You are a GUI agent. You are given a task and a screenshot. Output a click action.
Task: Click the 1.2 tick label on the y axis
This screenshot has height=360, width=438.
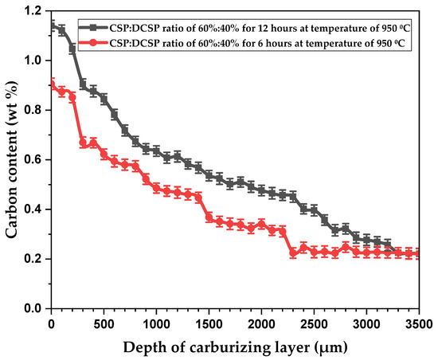(x=33, y=11)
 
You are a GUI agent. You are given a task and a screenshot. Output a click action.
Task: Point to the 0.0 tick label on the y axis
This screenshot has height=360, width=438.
(x=33, y=308)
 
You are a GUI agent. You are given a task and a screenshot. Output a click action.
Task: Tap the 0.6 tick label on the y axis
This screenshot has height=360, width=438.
(x=33, y=159)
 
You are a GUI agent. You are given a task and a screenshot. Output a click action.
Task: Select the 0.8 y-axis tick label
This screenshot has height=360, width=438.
(x=33, y=110)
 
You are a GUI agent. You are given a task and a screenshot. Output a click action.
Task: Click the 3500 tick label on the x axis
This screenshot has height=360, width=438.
(x=418, y=323)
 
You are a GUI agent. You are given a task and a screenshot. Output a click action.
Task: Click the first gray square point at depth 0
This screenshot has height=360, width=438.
(x=53, y=26)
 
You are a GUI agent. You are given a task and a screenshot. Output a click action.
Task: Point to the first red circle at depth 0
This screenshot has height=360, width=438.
(x=53, y=84)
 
